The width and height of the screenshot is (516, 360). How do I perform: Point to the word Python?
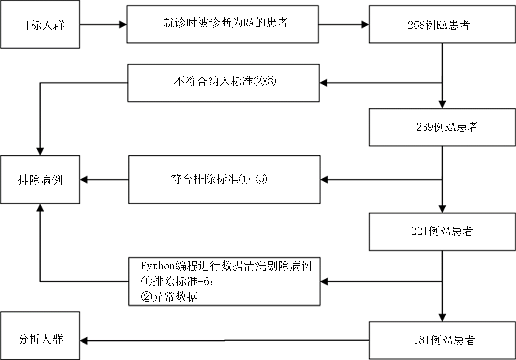click(x=158, y=266)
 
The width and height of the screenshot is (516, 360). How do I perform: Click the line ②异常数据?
click(x=169, y=296)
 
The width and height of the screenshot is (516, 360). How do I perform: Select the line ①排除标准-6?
click(x=177, y=281)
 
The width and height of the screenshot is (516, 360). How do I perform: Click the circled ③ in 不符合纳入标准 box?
click(x=271, y=82)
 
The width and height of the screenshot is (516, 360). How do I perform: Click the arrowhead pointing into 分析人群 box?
click(x=84, y=340)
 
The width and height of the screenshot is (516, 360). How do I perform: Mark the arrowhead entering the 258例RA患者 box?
click(x=365, y=24)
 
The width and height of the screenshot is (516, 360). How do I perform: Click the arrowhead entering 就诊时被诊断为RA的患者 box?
click(x=123, y=24)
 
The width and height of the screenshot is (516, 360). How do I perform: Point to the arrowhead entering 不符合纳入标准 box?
click(x=324, y=83)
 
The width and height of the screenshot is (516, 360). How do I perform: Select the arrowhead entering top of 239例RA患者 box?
click(x=442, y=105)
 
